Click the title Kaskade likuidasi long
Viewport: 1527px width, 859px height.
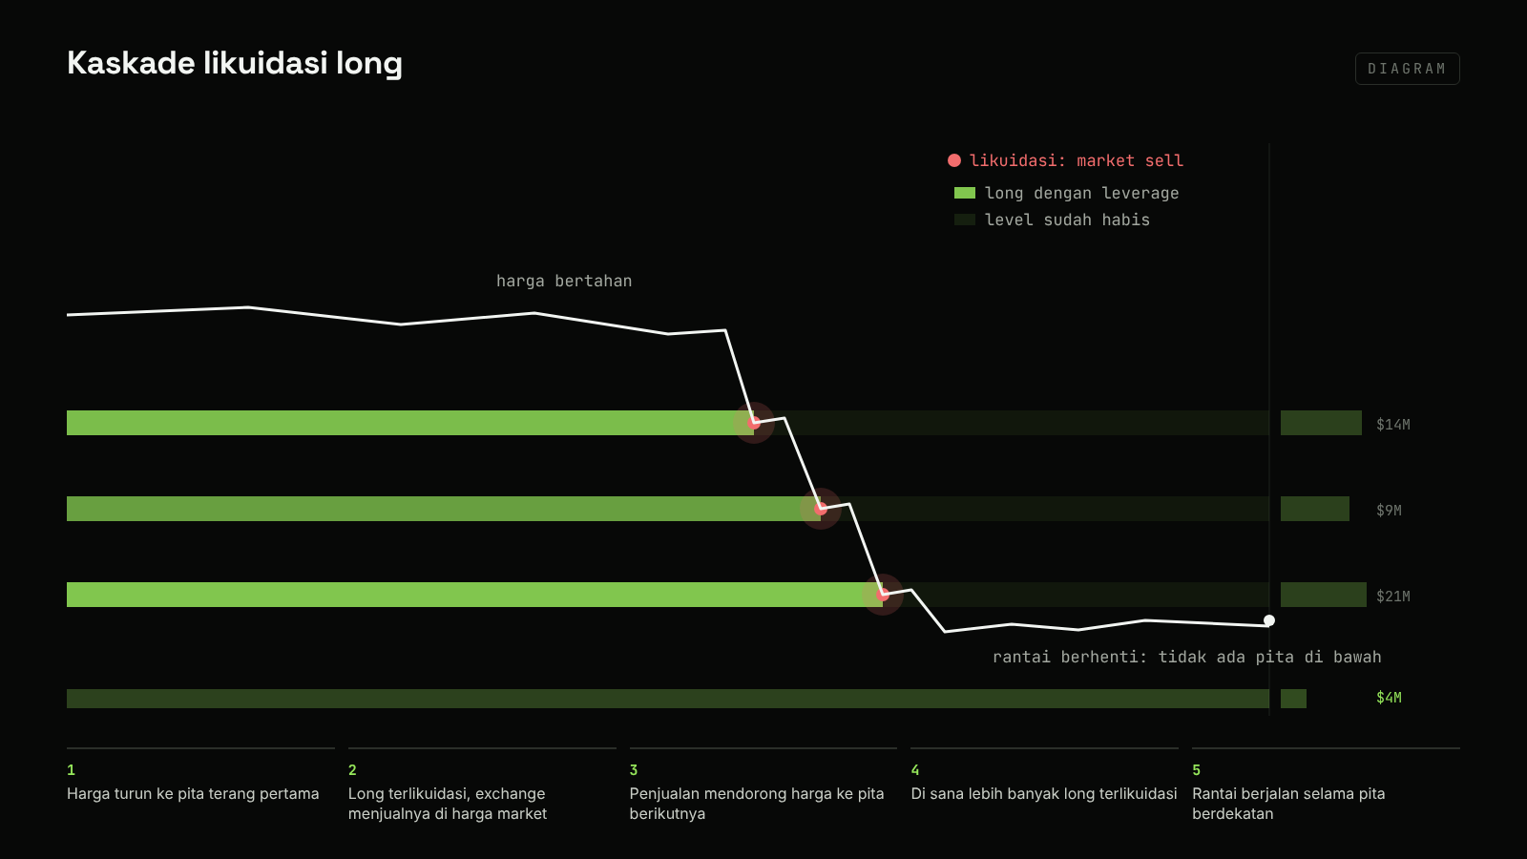[x=235, y=63]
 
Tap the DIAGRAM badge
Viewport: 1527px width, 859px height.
[x=1407, y=69]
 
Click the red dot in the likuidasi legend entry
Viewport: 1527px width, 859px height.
[x=954, y=160]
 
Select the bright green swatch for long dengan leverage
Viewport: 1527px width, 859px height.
[x=965, y=193]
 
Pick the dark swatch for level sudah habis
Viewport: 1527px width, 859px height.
[x=965, y=220]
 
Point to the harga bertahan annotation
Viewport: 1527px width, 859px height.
[x=564, y=281]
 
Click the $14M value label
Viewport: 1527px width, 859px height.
[x=1392, y=425]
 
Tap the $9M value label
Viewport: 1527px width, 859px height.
[x=1389, y=511]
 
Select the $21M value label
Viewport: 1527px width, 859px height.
[x=1392, y=597]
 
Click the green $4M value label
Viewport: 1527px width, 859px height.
[x=1389, y=698]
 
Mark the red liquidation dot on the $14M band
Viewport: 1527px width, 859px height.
[x=754, y=423]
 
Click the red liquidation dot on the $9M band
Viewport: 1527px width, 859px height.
[x=821, y=509]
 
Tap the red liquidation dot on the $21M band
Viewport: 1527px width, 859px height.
[x=883, y=595]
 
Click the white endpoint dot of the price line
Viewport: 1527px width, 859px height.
[x=1269, y=620]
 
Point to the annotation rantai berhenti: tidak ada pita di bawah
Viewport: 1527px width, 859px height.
[x=1187, y=658]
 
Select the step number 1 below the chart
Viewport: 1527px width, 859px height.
[x=71, y=770]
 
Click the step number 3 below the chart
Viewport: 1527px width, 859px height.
[x=634, y=770]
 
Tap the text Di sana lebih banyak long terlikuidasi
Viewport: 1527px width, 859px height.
[x=1044, y=793]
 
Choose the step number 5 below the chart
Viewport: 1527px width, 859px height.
[x=1197, y=770]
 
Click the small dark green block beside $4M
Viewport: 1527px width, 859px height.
[x=1293, y=699]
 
